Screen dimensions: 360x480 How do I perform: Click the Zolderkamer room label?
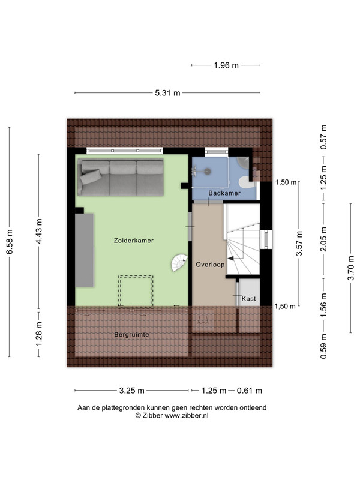coord(133,241)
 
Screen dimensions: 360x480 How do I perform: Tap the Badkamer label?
coord(224,193)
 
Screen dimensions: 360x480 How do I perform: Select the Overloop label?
coord(210,265)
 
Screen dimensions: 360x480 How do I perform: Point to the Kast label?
coord(248,298)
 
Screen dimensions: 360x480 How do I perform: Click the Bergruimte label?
coord(131,335)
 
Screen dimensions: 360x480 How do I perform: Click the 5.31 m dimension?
coord(167,93)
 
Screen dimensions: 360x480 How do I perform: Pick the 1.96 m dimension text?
coord(226,65)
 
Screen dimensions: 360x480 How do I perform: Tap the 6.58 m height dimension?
coord(10,242)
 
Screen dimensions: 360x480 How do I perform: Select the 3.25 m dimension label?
coord(131,391)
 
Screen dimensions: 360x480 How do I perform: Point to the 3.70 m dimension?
coord(351,268)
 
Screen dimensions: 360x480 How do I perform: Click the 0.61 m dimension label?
coord(250,391)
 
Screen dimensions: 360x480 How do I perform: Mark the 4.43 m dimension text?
coord(39,232)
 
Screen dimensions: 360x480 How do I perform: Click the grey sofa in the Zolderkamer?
coord(121,177)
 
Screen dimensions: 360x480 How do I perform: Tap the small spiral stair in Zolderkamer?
coord(179,263)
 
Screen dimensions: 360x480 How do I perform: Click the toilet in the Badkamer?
coord(247,183)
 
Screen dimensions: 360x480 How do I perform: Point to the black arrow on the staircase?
coord(231,259)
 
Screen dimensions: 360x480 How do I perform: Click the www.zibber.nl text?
coord(187,415)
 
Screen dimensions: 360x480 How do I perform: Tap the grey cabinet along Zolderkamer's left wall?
coord(85,250)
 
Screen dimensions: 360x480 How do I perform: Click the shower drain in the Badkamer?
coord(207,172)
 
